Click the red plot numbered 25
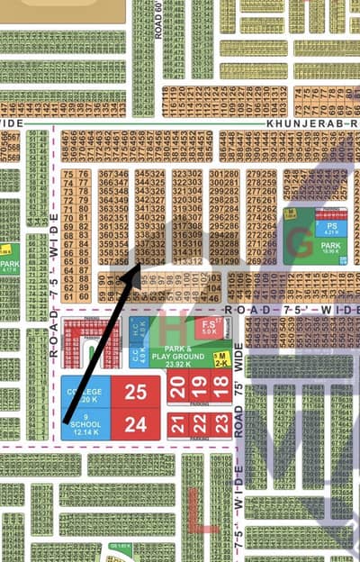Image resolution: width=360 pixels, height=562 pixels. coord(135,393)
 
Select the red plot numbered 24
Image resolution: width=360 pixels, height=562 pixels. coord(135,425)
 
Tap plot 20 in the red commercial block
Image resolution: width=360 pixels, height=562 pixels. coord(178,388)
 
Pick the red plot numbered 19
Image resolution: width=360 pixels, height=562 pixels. coord(199,388)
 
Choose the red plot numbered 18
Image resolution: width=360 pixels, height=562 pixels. coord(220,388)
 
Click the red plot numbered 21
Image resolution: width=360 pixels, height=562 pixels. coord(178,423)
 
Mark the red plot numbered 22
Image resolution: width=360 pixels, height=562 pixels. coord(199,423)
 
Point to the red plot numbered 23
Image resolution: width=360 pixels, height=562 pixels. coord(220,423)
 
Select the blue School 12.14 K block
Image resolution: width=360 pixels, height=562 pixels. coord(85,424)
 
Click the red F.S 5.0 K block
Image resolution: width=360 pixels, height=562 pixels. coord(210,326)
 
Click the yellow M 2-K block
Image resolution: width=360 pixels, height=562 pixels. coord(220,358)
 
